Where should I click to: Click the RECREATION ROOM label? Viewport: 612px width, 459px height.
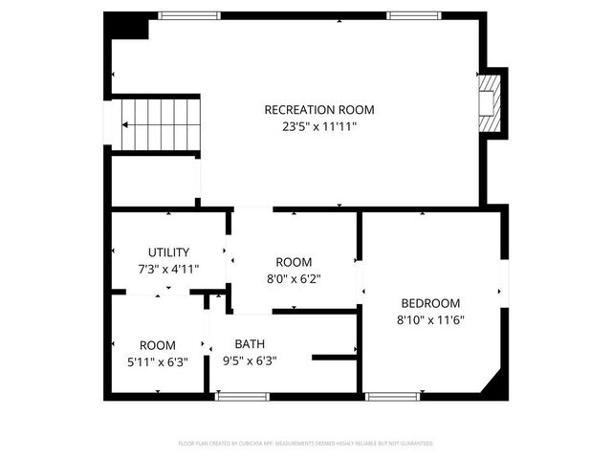click(x=319, y=110)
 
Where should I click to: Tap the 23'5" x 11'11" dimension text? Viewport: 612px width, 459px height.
click(x=319, y=126)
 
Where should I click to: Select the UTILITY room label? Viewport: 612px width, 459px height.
click(x=168, y=252)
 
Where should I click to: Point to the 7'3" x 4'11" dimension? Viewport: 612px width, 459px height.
click(x=168, y=269)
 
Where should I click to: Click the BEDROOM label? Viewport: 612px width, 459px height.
click(x=430, y=303)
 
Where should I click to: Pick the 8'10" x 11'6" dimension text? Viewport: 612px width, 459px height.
click(x=430, y=320)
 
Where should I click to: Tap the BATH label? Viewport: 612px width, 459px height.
click(x=250, y=344)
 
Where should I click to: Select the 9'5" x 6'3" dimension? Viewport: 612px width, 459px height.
click(x=250, y=361)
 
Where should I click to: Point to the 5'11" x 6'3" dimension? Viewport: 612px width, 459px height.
click(x=158, y=361)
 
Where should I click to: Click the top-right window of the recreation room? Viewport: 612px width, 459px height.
click(x=414, y=15)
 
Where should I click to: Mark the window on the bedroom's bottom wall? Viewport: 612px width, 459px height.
click(x=393, y=395)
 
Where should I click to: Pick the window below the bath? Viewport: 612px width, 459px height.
click(x=242, y=395)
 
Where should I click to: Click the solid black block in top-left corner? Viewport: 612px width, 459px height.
click(x=127, y=26)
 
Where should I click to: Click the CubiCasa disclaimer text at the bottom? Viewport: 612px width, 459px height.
click(x=306, y=444)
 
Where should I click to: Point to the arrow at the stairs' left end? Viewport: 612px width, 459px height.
click(x=124, y=123)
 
